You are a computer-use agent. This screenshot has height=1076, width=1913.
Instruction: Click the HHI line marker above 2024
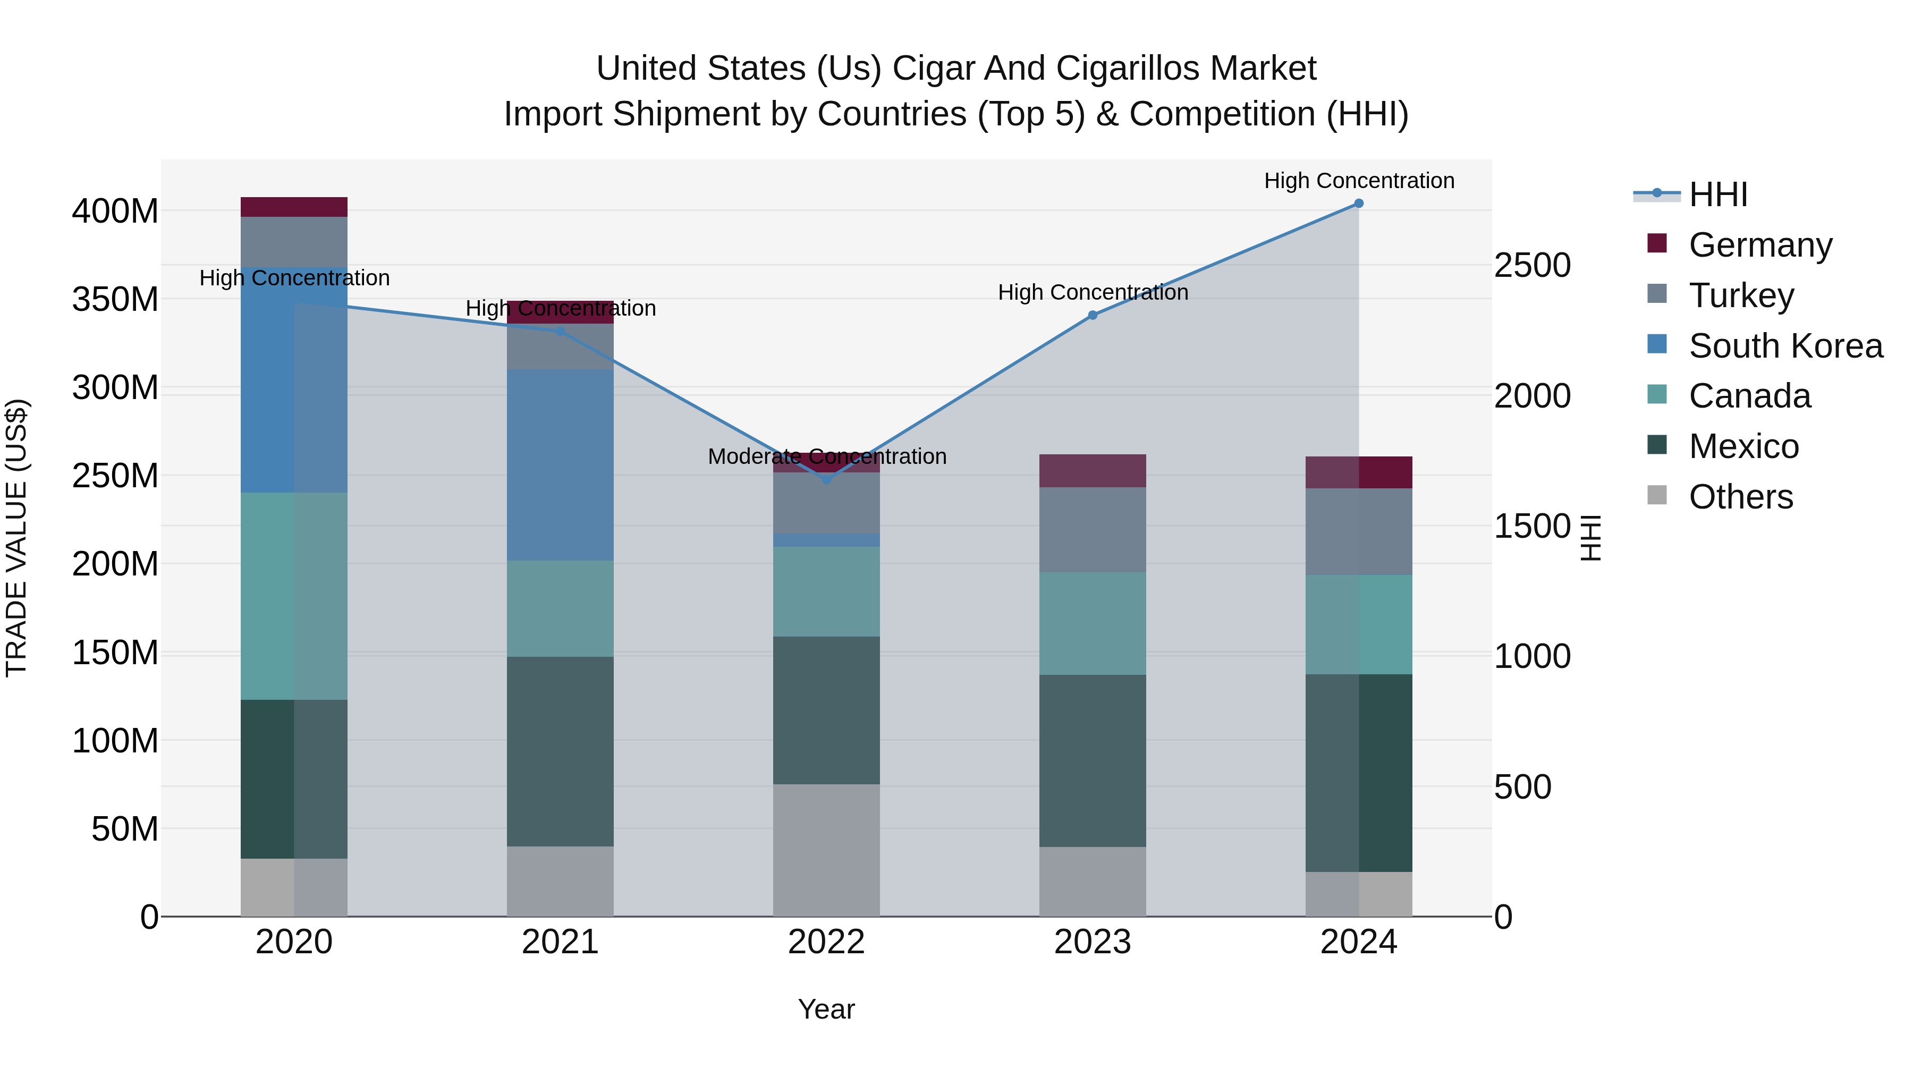click(1358, 204)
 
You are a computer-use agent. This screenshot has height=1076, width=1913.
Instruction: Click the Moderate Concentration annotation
click(826, 456)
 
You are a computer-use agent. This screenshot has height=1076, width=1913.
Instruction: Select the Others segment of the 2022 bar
click(826, 850)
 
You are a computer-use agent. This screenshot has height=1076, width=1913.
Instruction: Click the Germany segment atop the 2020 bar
click(294, 207)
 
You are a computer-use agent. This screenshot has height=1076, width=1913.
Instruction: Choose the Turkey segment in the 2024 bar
click(1358, 532)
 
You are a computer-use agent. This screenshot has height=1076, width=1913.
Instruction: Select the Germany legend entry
click(1760, 245)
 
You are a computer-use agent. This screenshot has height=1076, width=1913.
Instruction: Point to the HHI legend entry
click(1717, 194)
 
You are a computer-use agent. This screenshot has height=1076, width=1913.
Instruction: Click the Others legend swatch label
click(1740, 497)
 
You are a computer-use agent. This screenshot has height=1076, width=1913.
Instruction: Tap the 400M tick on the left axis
click(115, 211)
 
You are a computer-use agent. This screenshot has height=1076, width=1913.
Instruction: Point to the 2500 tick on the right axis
click(1532, 266)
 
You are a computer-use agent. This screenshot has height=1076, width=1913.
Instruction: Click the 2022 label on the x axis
click(826, 942)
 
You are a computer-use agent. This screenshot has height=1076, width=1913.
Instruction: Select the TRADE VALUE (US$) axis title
click(17, 538)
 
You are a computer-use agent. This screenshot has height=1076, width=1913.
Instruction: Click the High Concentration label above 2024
click(1358, 181)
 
